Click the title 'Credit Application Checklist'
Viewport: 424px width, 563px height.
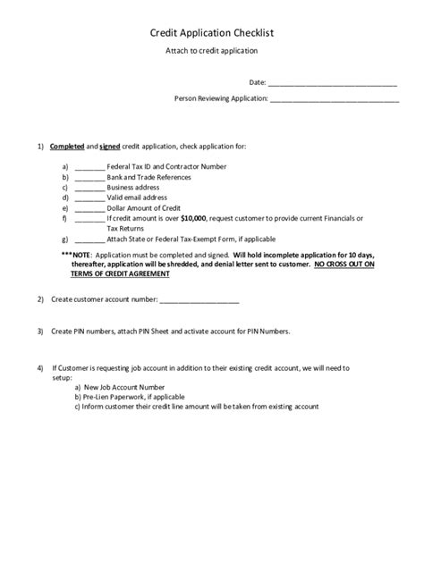pyautogui.click(x=211, y=33)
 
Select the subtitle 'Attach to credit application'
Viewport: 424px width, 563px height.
pyautogui.click(x=211, y=53)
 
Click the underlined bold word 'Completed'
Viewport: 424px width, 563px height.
pyautogui.click(x=66, y=146)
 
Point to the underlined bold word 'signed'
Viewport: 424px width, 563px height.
pyautogui.click(x=110, y=146)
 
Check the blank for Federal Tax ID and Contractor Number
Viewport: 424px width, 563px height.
pyautogui.click(x=89, y=167)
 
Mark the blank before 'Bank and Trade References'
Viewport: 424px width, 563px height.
pyautogui.click(x=89, y=178)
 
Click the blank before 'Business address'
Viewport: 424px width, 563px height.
pyautogui.click(x=89, y=188)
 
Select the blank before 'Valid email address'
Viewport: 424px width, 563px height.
pyautogui.click(x=89, y=197)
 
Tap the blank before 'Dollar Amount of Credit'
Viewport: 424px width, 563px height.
pyautogui.click(x=89, y=207)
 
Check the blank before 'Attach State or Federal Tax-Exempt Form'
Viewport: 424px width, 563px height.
pyautogui.click(x=89, y=239)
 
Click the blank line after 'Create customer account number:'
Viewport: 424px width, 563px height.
pyautogui.click(x=198, y=299)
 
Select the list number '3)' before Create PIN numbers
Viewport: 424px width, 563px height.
pyautogui.click(x=40, y=331)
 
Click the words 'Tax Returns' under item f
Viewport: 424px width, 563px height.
pyautogui.click(x=125, y=228)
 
